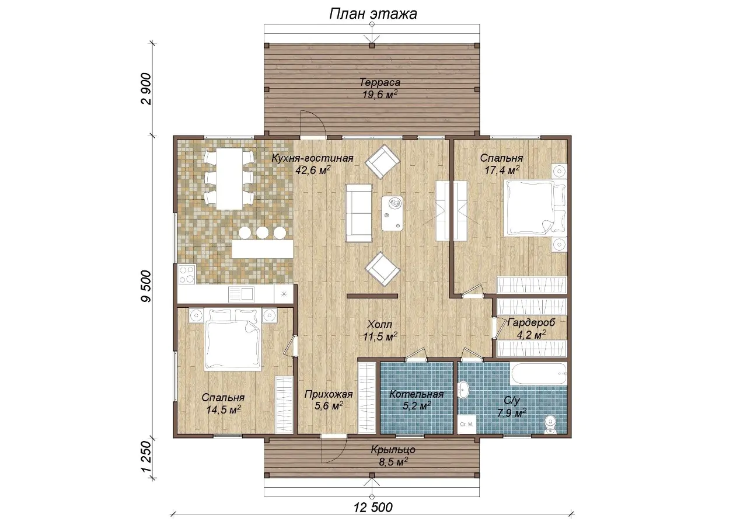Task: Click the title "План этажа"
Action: coord(373,14)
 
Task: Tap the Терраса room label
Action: coord(380,82)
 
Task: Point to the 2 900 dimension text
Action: coord(146,89)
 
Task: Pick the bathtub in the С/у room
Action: coord(539,374)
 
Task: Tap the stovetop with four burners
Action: coord(186,274)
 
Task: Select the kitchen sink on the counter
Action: coord(241,294)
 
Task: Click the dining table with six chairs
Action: coord(229,179)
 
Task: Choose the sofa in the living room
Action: coord(359,213)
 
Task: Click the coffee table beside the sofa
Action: coord(392,213)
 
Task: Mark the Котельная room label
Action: coord(417,394)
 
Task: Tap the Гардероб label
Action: coord(531,322)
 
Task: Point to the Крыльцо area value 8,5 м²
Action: coord(393,462)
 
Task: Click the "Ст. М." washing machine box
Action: coord(466,425)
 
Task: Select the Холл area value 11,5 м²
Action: coord(380,337)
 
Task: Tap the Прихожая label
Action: coord(329,394)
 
